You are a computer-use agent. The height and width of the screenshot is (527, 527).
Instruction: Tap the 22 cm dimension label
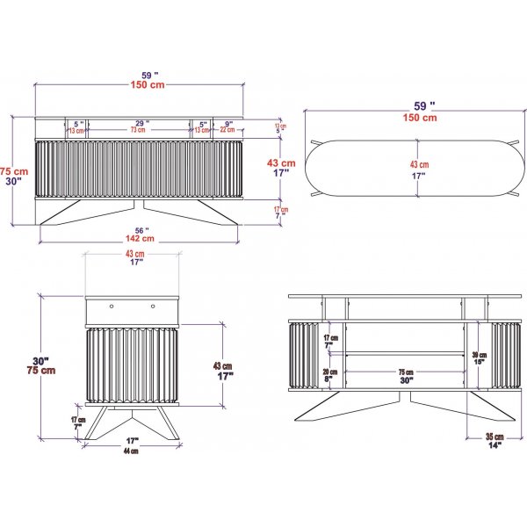tap(227, 131)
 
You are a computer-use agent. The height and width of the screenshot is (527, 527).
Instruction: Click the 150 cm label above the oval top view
tap(419, 117)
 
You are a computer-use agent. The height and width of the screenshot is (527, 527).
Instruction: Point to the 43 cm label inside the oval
tap(419, 164)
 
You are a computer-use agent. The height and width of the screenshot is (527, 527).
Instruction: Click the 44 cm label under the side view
tap(132, 451)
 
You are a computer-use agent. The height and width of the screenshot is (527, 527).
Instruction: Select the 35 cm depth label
tap(495, 437)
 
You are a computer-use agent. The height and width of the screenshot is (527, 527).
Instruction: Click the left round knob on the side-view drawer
tap(112, 307)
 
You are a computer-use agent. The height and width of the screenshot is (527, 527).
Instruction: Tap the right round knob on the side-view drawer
tap(152, 307)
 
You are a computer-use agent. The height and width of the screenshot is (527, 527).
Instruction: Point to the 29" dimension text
tap(141, 123)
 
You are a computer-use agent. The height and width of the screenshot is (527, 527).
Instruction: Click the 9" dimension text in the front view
tap(227, 123)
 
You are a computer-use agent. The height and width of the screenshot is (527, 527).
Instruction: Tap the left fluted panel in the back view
tap(304, 355)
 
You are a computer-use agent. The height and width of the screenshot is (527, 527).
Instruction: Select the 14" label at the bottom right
tap(495, 446)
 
